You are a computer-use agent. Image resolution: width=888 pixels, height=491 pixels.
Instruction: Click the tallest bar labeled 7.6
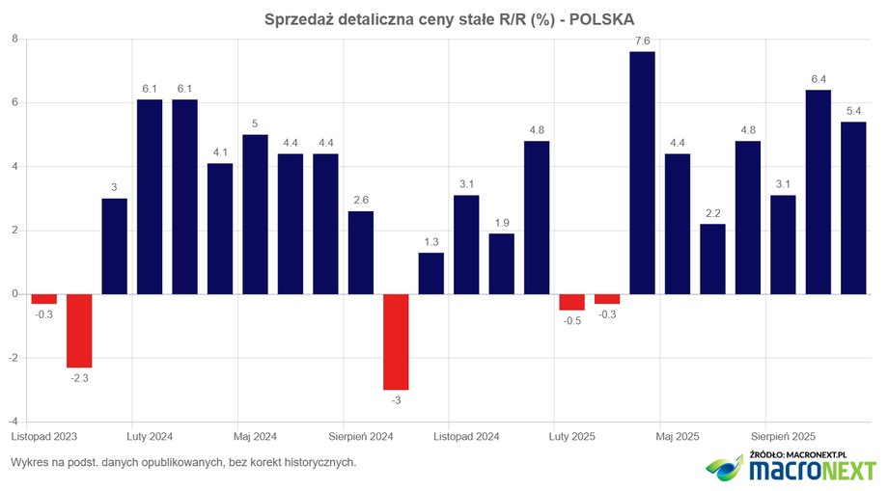tap(642, 173)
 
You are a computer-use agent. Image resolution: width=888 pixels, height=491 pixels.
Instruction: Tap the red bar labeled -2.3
tap(79, 330)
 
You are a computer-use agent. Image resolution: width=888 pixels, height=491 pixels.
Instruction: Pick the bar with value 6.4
tap(819, 192)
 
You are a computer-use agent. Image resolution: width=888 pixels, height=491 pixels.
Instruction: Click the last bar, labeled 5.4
tap(853, 207)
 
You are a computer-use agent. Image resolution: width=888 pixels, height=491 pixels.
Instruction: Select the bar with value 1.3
tap(431, 273)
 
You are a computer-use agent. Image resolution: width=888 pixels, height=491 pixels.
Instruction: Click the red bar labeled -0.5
tap(572, 302)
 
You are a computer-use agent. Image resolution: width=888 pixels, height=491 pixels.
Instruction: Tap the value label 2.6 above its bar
tap(360, 200)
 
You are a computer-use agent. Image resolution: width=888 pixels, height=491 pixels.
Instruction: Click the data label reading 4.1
tap(220, 151)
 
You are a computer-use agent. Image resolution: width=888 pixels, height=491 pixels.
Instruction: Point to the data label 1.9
tap(501, 222)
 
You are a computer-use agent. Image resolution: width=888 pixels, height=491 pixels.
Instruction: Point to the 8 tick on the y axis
tap(14, 39)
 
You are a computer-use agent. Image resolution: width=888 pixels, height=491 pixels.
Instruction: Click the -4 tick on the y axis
tap(13, 422)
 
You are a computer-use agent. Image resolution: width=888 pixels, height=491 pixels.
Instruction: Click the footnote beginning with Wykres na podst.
tap(183, 462)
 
